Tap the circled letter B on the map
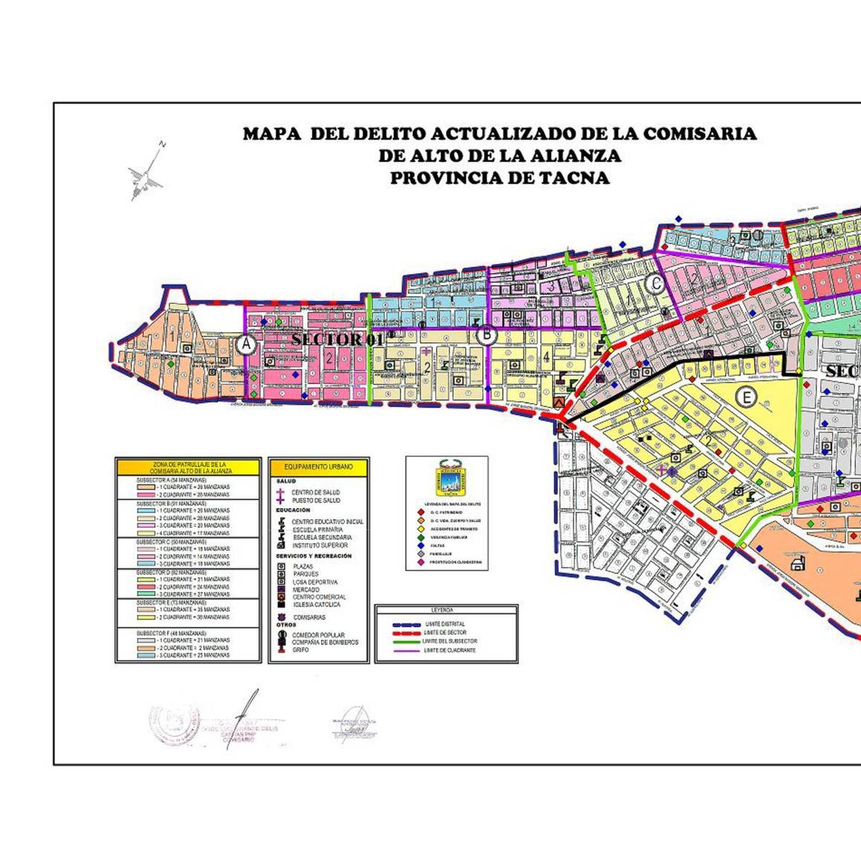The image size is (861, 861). (x=486, y=335)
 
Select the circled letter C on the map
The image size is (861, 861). (x=654, y=283)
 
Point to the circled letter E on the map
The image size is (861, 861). (x=747, y=397)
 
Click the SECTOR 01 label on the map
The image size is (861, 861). (x=337, y=339)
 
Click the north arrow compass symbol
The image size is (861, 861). (x=146, y=173)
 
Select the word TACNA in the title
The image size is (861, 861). (x=574, y=178)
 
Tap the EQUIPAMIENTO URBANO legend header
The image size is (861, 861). (x=319, y=467)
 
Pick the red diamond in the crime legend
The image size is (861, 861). (x=422, y=512)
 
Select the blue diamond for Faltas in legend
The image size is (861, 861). (x=422, y=545)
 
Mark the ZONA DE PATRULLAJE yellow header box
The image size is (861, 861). (x=188, y=467)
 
